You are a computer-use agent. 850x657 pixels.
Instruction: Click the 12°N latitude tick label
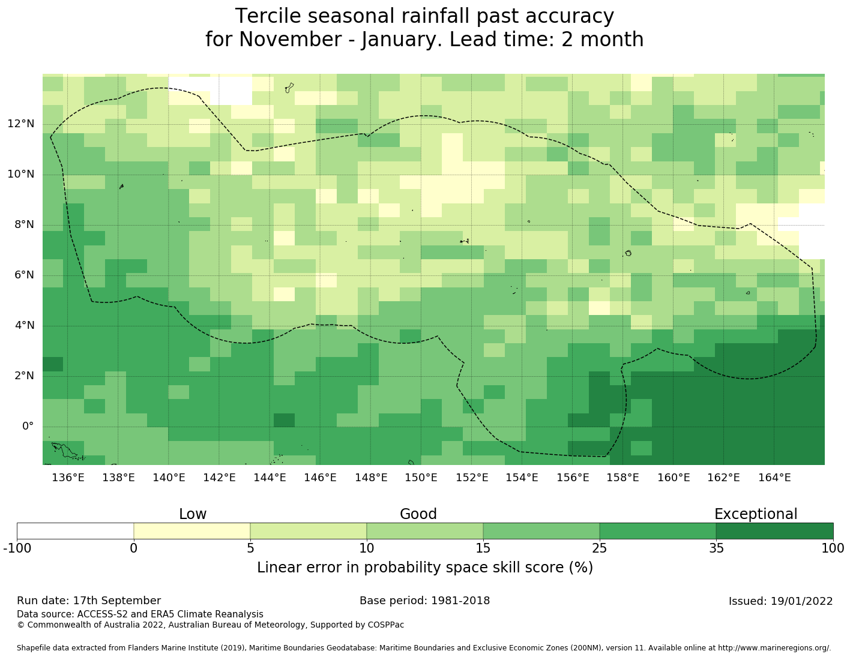point(21,124)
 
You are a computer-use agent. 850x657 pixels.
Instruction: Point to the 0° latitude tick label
point(28,427)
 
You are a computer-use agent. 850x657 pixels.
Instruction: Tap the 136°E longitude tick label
point(68,478)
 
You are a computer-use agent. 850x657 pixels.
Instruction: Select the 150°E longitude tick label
point(421,478)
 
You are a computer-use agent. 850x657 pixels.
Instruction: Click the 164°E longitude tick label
point(774,478)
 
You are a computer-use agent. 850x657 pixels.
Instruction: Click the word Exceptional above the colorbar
point(755,514)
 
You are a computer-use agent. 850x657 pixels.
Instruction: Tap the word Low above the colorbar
point(193,514)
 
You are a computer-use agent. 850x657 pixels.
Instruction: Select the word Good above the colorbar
point(418,514)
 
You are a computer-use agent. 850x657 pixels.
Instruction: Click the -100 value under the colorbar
point(17,548)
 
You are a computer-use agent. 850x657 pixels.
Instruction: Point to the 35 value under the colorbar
point(716,548)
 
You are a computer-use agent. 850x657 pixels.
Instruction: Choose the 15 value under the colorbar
point(483,548)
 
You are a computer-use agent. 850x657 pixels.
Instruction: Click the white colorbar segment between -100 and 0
point(75,531)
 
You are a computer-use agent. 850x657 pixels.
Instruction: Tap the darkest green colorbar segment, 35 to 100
point(774,531)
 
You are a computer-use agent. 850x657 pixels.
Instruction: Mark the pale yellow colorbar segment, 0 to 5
point(191,531)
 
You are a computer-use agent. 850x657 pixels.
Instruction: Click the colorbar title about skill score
point(425,568)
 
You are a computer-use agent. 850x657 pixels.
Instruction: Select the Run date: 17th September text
point(89,601)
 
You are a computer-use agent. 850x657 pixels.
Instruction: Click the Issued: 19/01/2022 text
point(780,601)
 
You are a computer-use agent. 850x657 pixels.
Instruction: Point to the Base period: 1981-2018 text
point(424,601)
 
